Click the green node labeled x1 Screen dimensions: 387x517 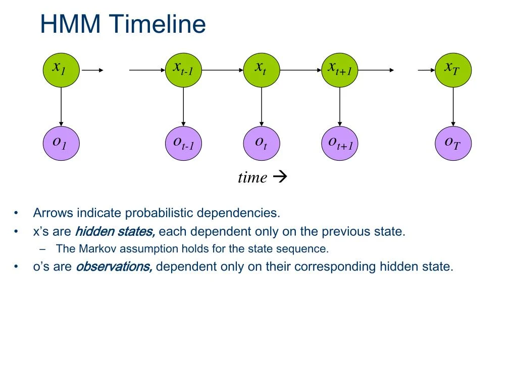point(61,70)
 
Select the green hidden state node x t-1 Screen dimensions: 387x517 point(183,70)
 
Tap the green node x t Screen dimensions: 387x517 point(261,70)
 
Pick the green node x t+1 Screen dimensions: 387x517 point(339,70)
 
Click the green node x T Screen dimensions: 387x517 point(453,70)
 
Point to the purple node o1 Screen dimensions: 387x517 point(61,144)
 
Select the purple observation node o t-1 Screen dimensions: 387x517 point(183,144)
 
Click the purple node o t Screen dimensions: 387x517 point(261,144)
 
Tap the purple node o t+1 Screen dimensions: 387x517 point(339,144)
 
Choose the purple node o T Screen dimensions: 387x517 point(453,144)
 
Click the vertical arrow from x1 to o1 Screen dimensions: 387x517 point(61,106)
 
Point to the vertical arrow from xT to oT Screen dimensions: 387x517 point(453,106)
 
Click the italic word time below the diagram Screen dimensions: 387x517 point(252,177)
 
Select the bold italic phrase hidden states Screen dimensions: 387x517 point(115,232)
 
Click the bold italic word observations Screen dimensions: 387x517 point(114,267)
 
